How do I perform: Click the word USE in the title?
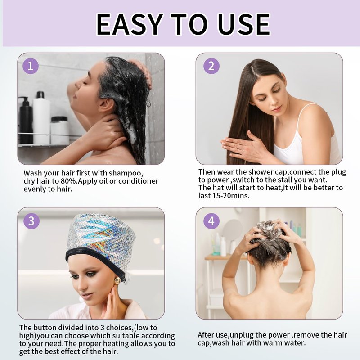point(243,24)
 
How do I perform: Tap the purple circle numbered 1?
point(31,66)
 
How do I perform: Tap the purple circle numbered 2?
point(211,66)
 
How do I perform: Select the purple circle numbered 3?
point(31,221)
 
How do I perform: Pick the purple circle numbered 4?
point(211,221)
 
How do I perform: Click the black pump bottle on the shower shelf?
point(26,121)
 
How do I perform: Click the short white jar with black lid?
point(59,130)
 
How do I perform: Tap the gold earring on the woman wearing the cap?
point(117,280)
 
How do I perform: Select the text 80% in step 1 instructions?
point(68,181)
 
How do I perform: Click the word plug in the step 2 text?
point(338,172)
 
